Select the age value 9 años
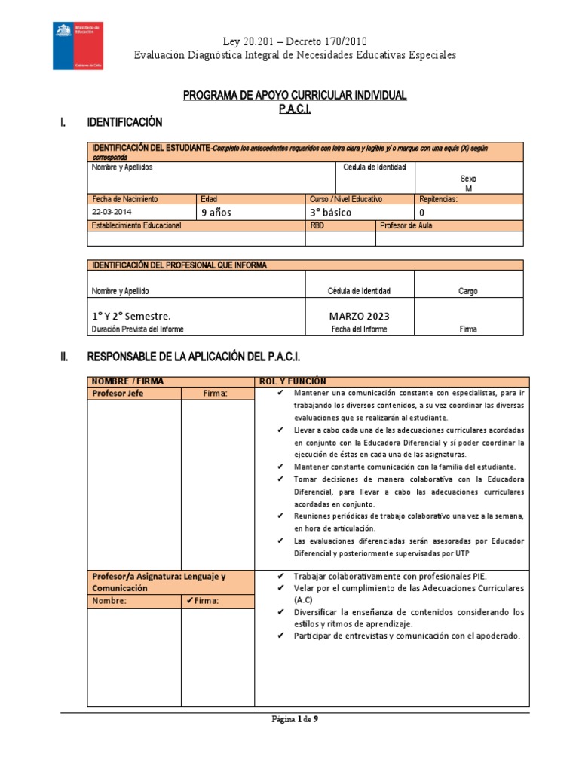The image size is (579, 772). pos(216,213)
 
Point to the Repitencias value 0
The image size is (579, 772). pos(421,213)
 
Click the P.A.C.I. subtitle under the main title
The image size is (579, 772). pos(295,109)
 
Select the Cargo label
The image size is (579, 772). pos(467,291)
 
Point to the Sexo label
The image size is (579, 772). pos(468,179)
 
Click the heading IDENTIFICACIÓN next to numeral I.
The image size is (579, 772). pos(125,122)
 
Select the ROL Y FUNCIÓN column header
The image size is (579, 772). pos(293,381)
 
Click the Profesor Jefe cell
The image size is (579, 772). pos(118,394)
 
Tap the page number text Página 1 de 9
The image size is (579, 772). pos(295,719)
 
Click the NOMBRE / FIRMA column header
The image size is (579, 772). pos(127,381)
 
